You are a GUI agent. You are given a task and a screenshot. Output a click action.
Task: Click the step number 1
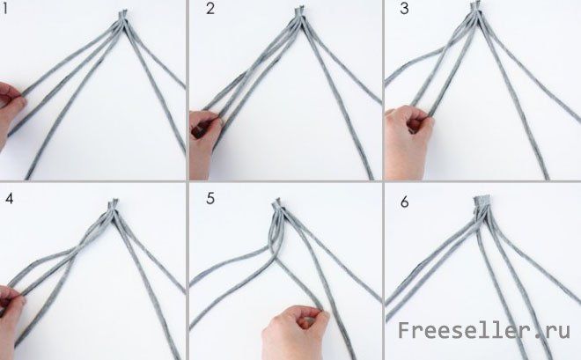(x=4, y=9)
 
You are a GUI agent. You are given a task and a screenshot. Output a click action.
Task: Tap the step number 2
(x=210, y=9)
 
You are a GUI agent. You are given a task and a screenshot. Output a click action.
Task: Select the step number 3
(x=404, y=9)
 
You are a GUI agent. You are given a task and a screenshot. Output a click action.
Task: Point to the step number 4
(x=10, y=199)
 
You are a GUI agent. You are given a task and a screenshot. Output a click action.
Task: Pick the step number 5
(x=210, y=199)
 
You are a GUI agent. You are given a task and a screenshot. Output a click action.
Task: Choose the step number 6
(x=405, y=202)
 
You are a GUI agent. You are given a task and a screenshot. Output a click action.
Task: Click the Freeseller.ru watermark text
(x=483, y=330)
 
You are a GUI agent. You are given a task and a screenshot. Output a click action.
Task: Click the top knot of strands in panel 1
(x=123, y=17)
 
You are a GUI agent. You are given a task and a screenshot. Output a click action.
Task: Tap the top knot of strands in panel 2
(x=299, y=13)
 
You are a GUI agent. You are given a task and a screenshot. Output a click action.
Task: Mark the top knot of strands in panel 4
(x=113, y=206)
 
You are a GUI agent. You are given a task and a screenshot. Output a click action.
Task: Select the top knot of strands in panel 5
(x=276, y=206)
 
